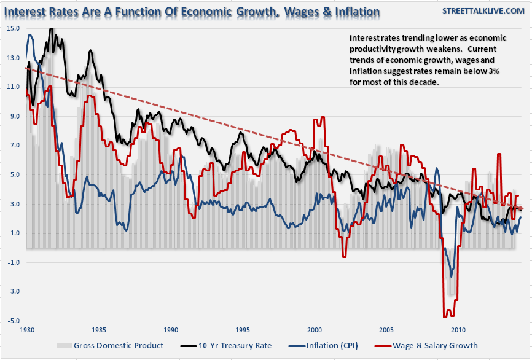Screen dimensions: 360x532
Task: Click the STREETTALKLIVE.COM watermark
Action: pos(483,12)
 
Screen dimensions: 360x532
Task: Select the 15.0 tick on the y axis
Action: pos(13,28)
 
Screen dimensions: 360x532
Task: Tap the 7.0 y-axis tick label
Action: pos(14,145)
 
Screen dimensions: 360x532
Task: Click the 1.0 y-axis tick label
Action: pos(14,233)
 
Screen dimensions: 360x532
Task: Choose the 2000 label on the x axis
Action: pos(315,330)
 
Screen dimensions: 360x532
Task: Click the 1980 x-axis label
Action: pos(26,330)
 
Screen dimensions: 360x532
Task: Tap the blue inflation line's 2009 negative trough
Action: pos(452,276)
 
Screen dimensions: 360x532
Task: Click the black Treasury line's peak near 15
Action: pos(51,28)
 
